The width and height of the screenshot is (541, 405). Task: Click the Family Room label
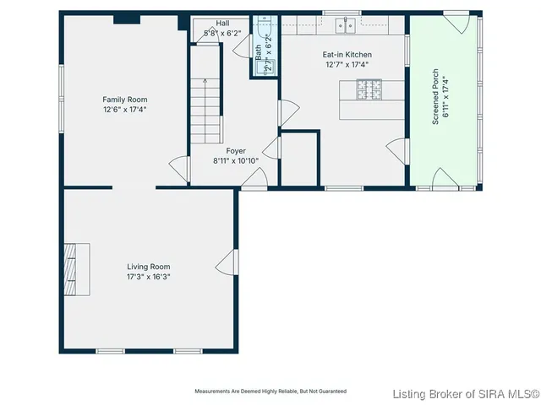125,99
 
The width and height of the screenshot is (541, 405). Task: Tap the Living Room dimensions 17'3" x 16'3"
149,276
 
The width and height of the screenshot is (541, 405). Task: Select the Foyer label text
236,150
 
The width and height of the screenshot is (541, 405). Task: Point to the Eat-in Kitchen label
347,55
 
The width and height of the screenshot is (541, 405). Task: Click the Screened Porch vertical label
435,97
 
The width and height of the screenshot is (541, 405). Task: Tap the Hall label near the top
222,24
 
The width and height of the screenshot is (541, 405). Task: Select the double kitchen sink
344,25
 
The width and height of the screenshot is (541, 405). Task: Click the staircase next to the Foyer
205,110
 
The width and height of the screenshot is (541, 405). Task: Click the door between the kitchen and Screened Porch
396,152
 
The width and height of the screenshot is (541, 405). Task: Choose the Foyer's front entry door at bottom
256,178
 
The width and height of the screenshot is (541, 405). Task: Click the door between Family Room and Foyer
180,169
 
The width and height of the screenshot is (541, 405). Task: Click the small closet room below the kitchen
299,158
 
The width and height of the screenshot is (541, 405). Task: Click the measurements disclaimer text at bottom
270,391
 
